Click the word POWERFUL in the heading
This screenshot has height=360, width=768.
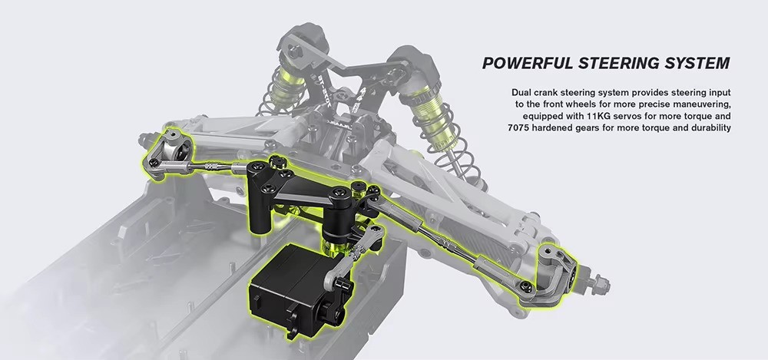pyautogui.click(x=528, y=63)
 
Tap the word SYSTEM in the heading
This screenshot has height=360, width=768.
pyautogui.click(x=697, y=63)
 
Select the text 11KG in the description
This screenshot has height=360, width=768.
pyautogui.click(x=597, y=116)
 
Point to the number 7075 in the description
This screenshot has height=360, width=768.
pyautogui.click(x=519, y=128)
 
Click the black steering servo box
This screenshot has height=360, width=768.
pyautogui.click(x=291, y=288)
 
